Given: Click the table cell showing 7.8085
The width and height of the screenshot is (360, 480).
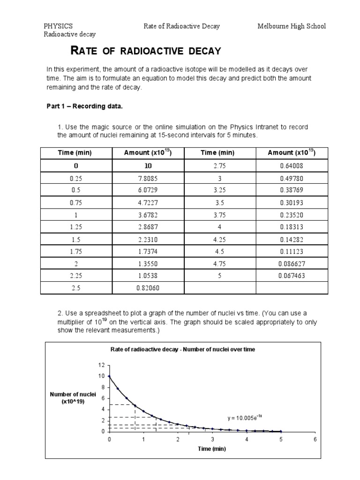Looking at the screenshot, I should coord(148,179).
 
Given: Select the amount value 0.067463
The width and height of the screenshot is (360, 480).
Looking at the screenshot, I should coord(292,276).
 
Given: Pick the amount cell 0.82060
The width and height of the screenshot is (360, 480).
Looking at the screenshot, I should coord(148,288).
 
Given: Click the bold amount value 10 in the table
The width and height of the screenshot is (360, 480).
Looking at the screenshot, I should coord(148,166).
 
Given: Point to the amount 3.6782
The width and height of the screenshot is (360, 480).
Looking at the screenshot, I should coord(148,215).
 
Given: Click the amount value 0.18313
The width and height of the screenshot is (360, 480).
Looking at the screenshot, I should coord(292,227).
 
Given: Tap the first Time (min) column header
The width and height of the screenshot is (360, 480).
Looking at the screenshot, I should coord(75,153).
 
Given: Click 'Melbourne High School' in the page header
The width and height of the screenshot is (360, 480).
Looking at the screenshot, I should coord(291,26).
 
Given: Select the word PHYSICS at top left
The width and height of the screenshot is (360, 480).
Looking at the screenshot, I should coord(58,26).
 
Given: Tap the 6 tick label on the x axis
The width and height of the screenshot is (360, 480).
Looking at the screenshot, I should coord(315,439).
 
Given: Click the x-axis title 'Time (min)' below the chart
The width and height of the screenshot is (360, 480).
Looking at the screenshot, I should coord(212,449).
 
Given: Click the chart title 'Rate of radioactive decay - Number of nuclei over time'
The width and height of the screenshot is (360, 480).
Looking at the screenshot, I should coord(183,350).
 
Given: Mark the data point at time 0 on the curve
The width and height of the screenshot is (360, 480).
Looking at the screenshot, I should coord(109,376).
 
